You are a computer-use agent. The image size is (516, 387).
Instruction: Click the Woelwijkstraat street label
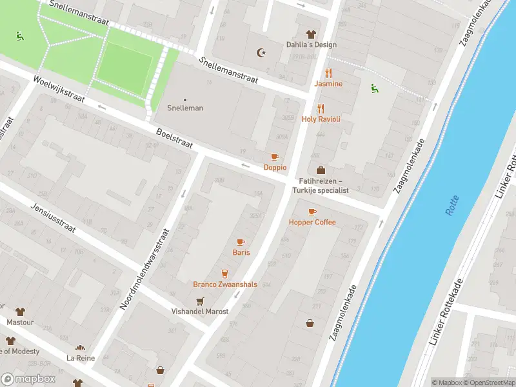click(59, 91)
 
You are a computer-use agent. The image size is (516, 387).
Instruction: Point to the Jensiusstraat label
click(54, 219)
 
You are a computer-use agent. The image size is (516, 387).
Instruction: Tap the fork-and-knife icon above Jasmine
click(328, 73)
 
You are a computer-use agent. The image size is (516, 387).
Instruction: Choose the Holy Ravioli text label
click(321, 119)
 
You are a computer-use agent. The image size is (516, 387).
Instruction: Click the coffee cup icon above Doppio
click(275, 157)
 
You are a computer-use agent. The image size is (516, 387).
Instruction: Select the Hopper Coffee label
click(312, 223)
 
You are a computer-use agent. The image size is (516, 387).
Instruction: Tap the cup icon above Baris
click(241, 242)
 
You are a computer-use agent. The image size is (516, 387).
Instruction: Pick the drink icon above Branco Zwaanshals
click(224, 273)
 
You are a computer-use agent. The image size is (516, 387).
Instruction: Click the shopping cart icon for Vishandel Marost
click(200, 301)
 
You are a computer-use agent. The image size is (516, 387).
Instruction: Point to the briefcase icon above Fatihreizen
click(321, 170)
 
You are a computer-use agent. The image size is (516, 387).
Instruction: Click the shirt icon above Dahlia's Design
click(312, 34)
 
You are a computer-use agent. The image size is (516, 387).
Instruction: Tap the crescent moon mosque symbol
click(261, 52)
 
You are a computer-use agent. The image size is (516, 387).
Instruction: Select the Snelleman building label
click(185, 108)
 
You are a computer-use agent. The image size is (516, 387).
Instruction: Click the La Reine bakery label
click(80, 357)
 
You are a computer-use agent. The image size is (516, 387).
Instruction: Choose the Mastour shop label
click(19, 321)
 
